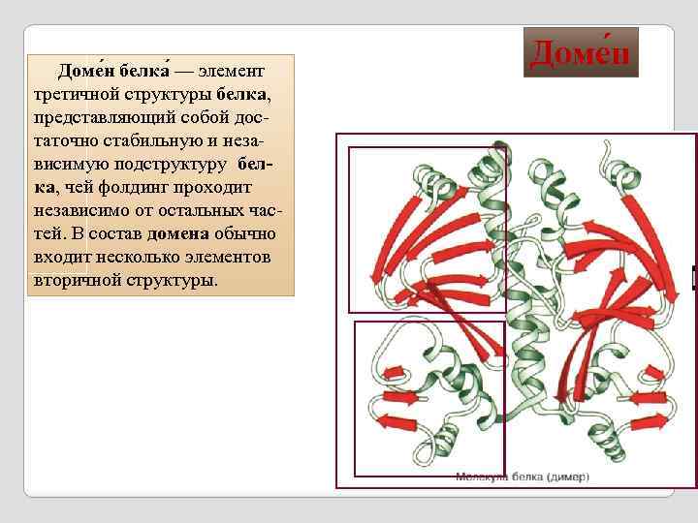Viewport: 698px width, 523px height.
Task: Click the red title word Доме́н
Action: tap(580, 53)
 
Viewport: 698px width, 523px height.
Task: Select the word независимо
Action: tap(78, 211)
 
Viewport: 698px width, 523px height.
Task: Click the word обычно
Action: tap(246, 234)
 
